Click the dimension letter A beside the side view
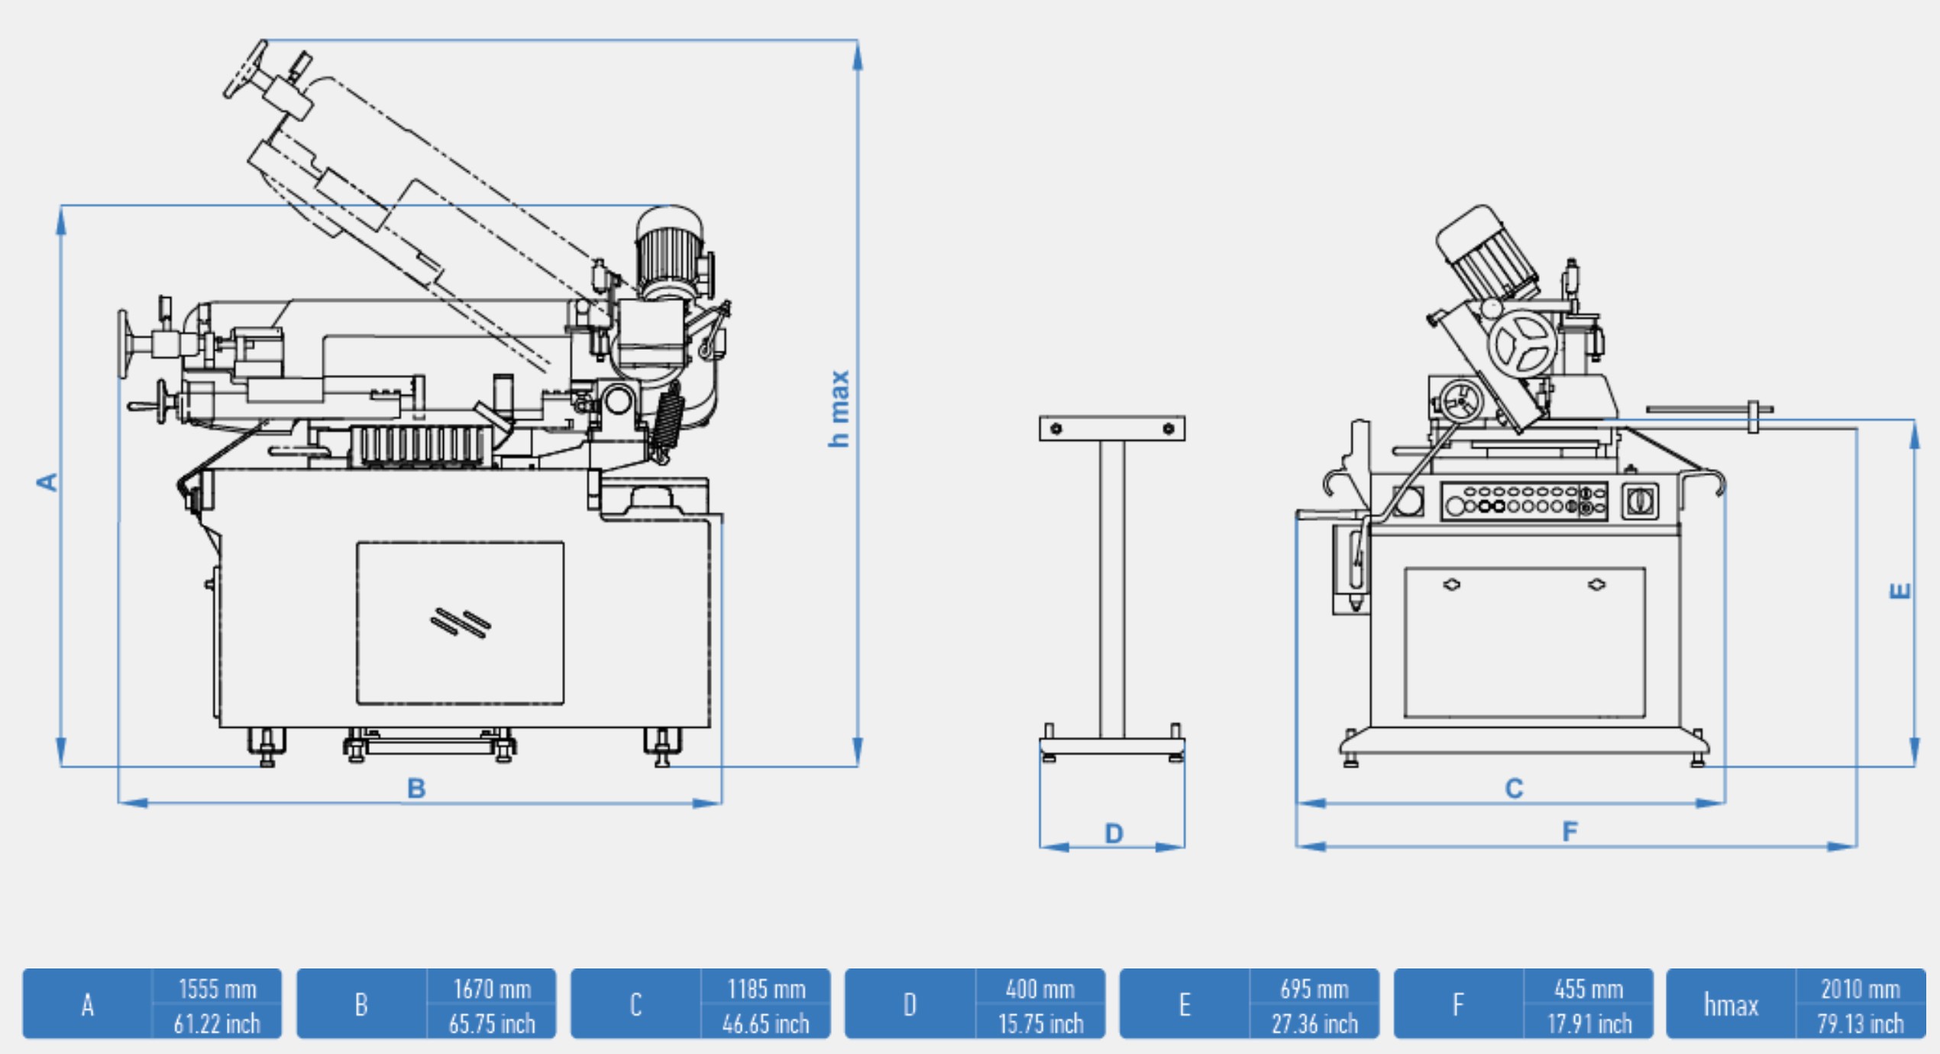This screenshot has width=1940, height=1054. coord(47,482)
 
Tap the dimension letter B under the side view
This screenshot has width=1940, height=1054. coord(416,788)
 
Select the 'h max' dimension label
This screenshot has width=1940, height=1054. coord(839,409)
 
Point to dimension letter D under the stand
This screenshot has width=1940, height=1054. coord(1114,833)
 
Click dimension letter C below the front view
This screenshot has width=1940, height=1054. coord(1514,788)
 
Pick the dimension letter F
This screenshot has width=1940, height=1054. coord(1570,831)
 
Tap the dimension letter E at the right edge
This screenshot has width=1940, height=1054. coord(1900,590)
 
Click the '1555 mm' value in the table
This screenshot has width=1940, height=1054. coord(217,989)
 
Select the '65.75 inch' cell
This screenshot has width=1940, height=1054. coord(492,1023)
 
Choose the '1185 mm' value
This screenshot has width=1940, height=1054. coord(766,989)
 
